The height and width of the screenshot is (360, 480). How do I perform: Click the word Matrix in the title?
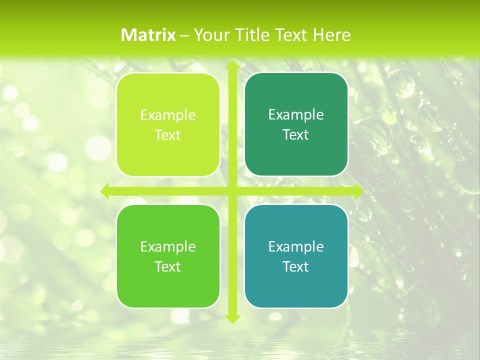point(148,35)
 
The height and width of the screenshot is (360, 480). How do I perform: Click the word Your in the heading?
point(210,35)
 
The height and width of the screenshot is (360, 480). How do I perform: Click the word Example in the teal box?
point(296,246)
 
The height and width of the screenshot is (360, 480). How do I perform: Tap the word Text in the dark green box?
point(296,135)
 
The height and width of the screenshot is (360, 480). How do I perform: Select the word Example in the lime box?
point(168,115)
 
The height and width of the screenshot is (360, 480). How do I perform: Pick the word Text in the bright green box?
point(168,266)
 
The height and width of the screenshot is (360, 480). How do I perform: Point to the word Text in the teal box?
point(296,266)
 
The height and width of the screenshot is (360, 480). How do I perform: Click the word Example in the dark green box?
point(296,115)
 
